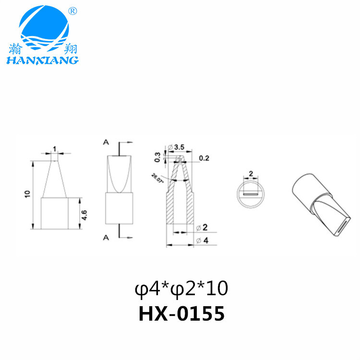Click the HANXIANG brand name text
[x=42, y=60]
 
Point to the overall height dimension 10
[x=28, y=194]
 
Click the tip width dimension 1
[x=55, y=149]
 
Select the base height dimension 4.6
[x=84, y=214]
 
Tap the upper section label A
[x=105, y=142]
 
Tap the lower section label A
[x=105, y=237]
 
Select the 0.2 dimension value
[x=204, y=157]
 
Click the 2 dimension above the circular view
[x=251, y=174]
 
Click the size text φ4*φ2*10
[x=181, y=289]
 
